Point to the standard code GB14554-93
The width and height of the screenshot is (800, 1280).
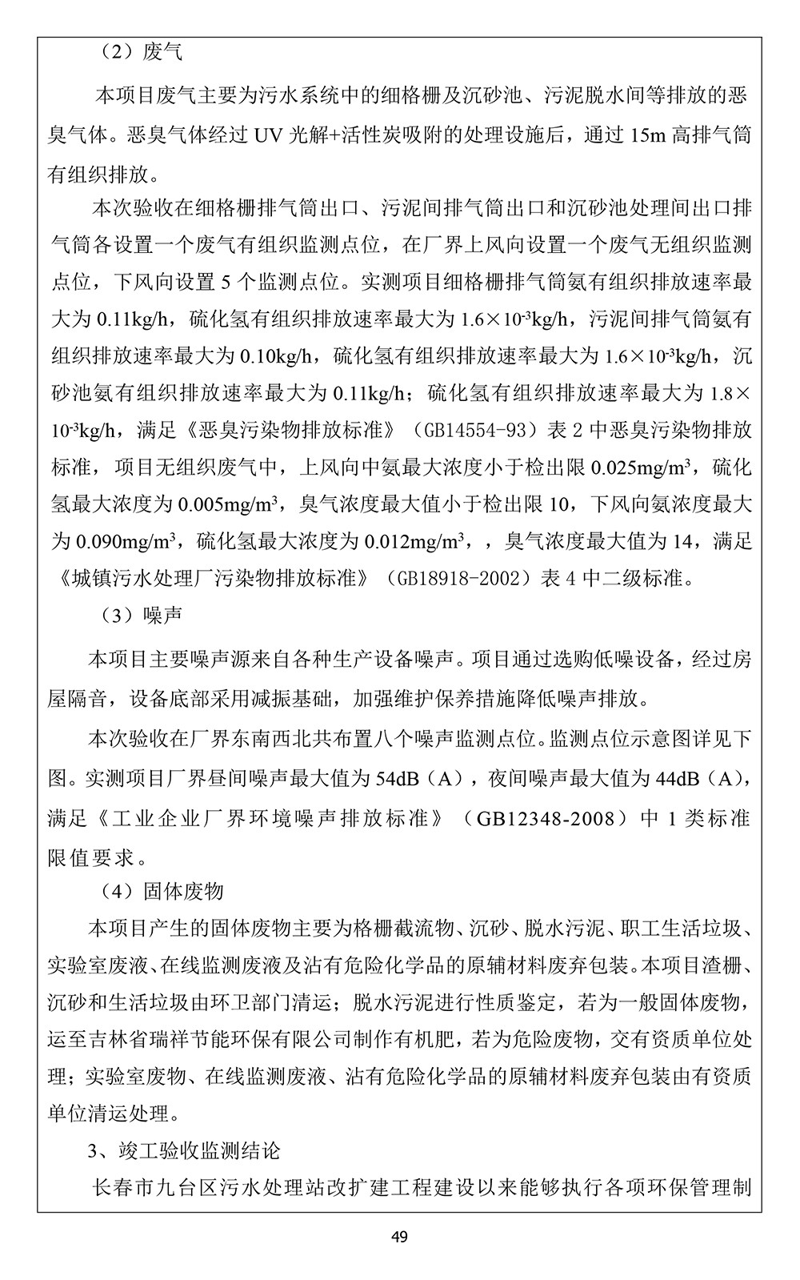coord(475,431)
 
